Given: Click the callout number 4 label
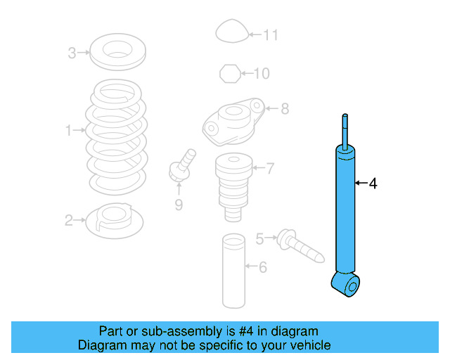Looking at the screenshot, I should (x=373, y=184).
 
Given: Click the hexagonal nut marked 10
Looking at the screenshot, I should (x=229, y=72).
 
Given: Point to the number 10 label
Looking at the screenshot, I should (x=261, y=73).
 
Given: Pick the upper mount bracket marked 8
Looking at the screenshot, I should (x=233, y=119).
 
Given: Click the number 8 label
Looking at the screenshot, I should (x=284, y=109).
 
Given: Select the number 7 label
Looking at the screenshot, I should (x=270, y=168).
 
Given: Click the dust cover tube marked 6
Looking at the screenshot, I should (x=233, y=270).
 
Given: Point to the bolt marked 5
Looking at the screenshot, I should (x=301, y=244).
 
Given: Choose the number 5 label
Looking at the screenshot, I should (x=259, y=239).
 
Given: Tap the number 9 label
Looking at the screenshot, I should (x=179, y=205).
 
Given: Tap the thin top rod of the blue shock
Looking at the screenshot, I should (x=345, y=129).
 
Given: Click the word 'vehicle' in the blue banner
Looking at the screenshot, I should (x=307, y=345).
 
